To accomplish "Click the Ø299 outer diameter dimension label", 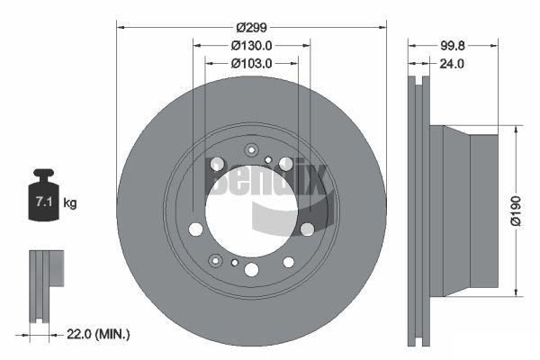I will tap(252, 28).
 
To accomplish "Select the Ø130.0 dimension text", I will tap(252, 45).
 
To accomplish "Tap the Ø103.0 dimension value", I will tap(252, 63).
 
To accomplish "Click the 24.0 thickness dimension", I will tap(451, 64).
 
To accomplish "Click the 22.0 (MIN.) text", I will tap(98, 334).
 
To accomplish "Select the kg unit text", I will tap(70, 203).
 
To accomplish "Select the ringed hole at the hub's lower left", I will tap(216, 260).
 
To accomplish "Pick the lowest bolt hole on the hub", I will tap(289, 263).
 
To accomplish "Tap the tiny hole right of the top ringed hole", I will tap(268, 159).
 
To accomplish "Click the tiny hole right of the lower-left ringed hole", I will tap(235, 264).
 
